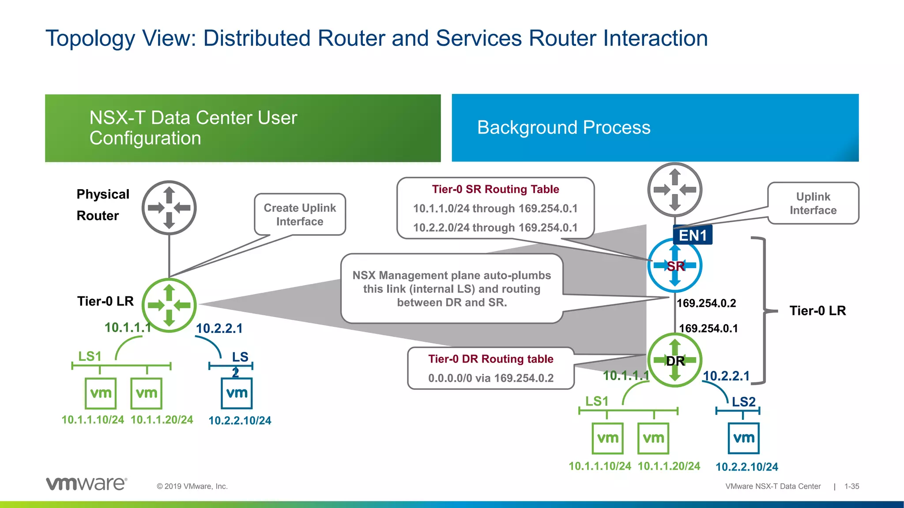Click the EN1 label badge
click(x=693, y=235)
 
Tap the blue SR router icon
click(x=674, y=265)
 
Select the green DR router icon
click(x=674, y=360)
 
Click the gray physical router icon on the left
click(x=169, y=208)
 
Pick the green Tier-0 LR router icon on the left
click(x=169, y=305)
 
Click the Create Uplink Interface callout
click(x=300, y=214)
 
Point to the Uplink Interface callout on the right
click(x=813, y=203)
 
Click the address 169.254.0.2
click(x=706, y=303)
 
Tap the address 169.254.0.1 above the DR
click(x=708, y=329)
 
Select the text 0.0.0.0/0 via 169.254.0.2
click(x=490, y=378)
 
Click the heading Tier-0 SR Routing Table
click(x=495, y=189)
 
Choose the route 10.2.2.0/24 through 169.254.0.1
click(x=495, y=228)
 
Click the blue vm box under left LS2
click(x=237, y=393)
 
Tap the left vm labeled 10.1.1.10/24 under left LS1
click(x=101, y=393)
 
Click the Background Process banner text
click(x=564, y=127)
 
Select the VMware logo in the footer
click(x=87, y=483)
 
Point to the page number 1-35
click(x=851, y=486)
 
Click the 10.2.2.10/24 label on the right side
click(x=746, y=467)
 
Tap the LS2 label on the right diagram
click(x=744, y=402)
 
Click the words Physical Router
click(x=103, y=205)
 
